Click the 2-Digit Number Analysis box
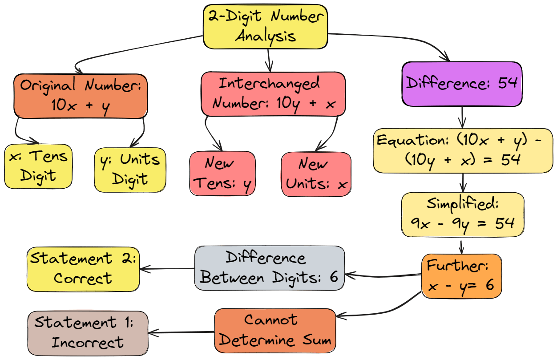(x=266, y=26)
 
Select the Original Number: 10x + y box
(x=80, y=96)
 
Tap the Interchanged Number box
(x=273, y=94)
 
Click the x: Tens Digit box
(x=38, y=166)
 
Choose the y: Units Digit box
(x=130, y=170)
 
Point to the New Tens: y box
(x=222, y=174)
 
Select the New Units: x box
(x=316, y=174)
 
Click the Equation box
(x=463, y=150)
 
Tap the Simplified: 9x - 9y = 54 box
(x=463, y=214)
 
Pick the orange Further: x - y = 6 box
(x=461, y=276)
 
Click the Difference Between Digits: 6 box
(x=270, y=268)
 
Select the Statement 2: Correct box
(x=83, y=269)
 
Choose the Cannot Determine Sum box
(x=275, y=330)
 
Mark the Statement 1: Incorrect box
(x=88, y=332)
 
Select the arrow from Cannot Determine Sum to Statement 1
(x=181, y=332)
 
